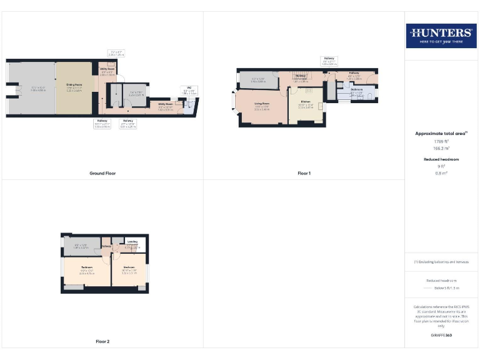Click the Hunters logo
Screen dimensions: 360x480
pyautogui.click(x=441, y=35)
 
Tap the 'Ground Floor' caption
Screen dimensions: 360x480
pyautogui.click(x=102, y=173)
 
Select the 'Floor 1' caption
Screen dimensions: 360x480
pyautogui.click(x=304, y=173)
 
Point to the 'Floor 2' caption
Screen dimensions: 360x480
pyautogui.click(x=102, y=341)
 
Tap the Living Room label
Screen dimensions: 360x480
pyautogui.click(x=261, y=104)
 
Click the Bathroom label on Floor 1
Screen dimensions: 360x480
pyautogui.click(x=357, y=90)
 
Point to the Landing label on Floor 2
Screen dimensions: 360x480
pyautogui.click(x=132, y=241)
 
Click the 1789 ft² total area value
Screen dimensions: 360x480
pyautogui.click(x=441, y=141)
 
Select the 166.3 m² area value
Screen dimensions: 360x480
pyautogui.click(x=441, y=148)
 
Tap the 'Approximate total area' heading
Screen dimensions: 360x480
pyautogui.click(x=441, y=133)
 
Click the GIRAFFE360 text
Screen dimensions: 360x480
pyautogui.click(x=441, y=336)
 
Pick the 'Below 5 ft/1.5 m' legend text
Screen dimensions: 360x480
pyautogui.click(x=446, y=288)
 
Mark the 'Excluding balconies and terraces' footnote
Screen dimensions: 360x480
pyautogui.click(x=441, y=262)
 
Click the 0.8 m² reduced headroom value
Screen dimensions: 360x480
pyautogui.click(x=441, y=173)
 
